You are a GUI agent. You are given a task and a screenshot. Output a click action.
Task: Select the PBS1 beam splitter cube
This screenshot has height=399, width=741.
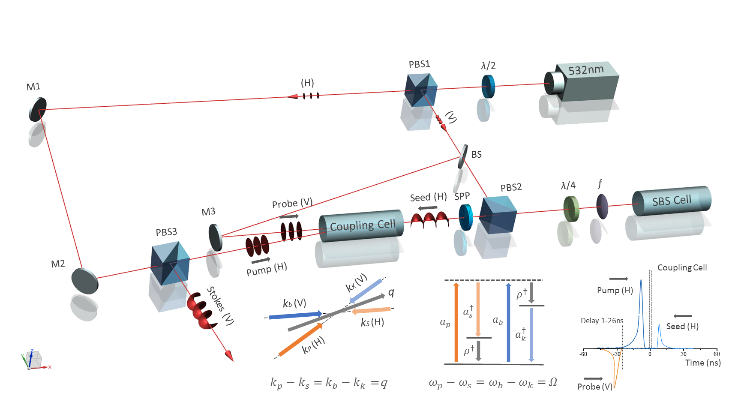pyautogui.click(x=421, y=90)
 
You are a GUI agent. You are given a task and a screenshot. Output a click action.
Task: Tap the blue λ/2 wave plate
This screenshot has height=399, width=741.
pyautogui.click(x=488, y=87)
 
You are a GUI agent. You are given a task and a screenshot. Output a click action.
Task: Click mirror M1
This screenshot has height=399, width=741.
pyautogui.click(x=38, y=109)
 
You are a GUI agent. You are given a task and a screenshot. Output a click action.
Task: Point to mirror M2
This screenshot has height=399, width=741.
pyautogui.click(x=84, y=281)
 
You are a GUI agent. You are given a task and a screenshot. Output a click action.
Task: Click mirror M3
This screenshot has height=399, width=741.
pyautogui.click(x=215, y=237)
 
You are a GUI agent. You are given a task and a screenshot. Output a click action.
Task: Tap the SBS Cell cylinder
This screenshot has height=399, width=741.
pyautogui.click(x=671, y=201)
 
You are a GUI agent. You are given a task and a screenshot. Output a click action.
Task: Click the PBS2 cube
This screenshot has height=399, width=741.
pyautogui.click(x=498, y=215)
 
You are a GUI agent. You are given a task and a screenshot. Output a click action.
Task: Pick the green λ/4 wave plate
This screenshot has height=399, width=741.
pyautogui.click(x=571, y=209)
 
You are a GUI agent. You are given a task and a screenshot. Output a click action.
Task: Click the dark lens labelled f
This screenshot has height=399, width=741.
pyautogui.click(x=602, y=207)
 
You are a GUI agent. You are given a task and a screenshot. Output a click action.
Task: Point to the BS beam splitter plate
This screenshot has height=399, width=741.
pyautogui.click(x=463, y=156)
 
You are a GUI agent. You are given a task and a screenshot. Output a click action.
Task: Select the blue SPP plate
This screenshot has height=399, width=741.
pyautogui.click(x=465, y=217)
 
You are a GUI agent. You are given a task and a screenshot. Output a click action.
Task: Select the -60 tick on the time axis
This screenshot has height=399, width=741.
pyautogui.click(x=583, y=354)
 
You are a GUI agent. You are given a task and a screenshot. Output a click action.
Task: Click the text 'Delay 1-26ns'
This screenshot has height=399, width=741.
pyautogui.click(x=602, y=321)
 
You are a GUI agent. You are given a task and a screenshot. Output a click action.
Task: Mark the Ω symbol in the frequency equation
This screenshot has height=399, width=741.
pyautogui.click(x=553, y=382)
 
